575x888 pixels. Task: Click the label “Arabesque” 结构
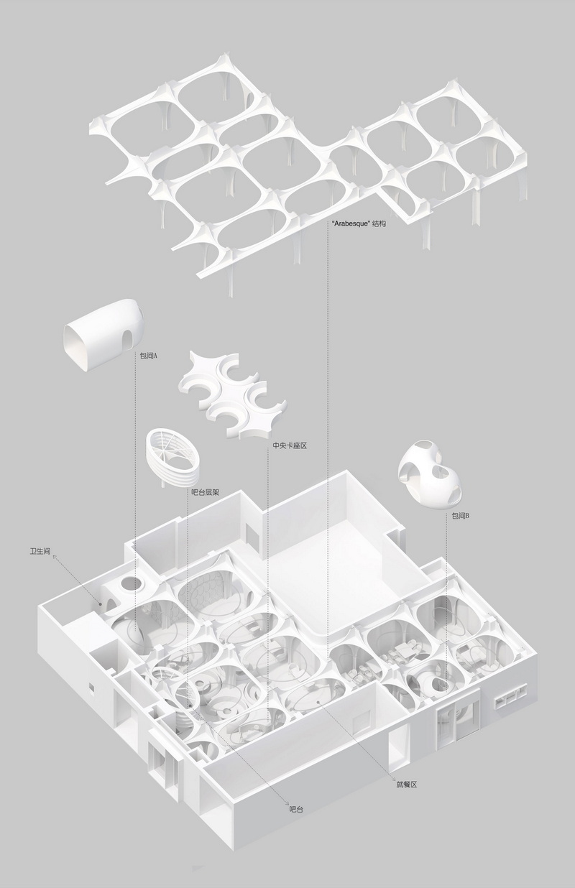pyautogui.click(x=359, y=223)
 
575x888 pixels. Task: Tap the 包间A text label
pyautogui.click(x=148, y=356)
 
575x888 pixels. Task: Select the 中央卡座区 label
pyautogui.click(x=290, y=445)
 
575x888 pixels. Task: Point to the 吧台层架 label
pyautogui.click(x=205, y=492)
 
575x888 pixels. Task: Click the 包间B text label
pyautogui.click(x=461, y=516)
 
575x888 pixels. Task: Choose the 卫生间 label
pyautogui.click(x=40, y=551)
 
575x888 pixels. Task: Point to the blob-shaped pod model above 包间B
pyautogui.click(x=429, y=473)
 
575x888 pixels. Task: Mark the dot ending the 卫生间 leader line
pyautogui.click(x=101, y=604)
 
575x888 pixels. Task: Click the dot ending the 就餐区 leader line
pyautogui.click(x=318, y=702)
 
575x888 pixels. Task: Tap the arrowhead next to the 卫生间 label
pyautogui.click(x=55, y=557)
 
